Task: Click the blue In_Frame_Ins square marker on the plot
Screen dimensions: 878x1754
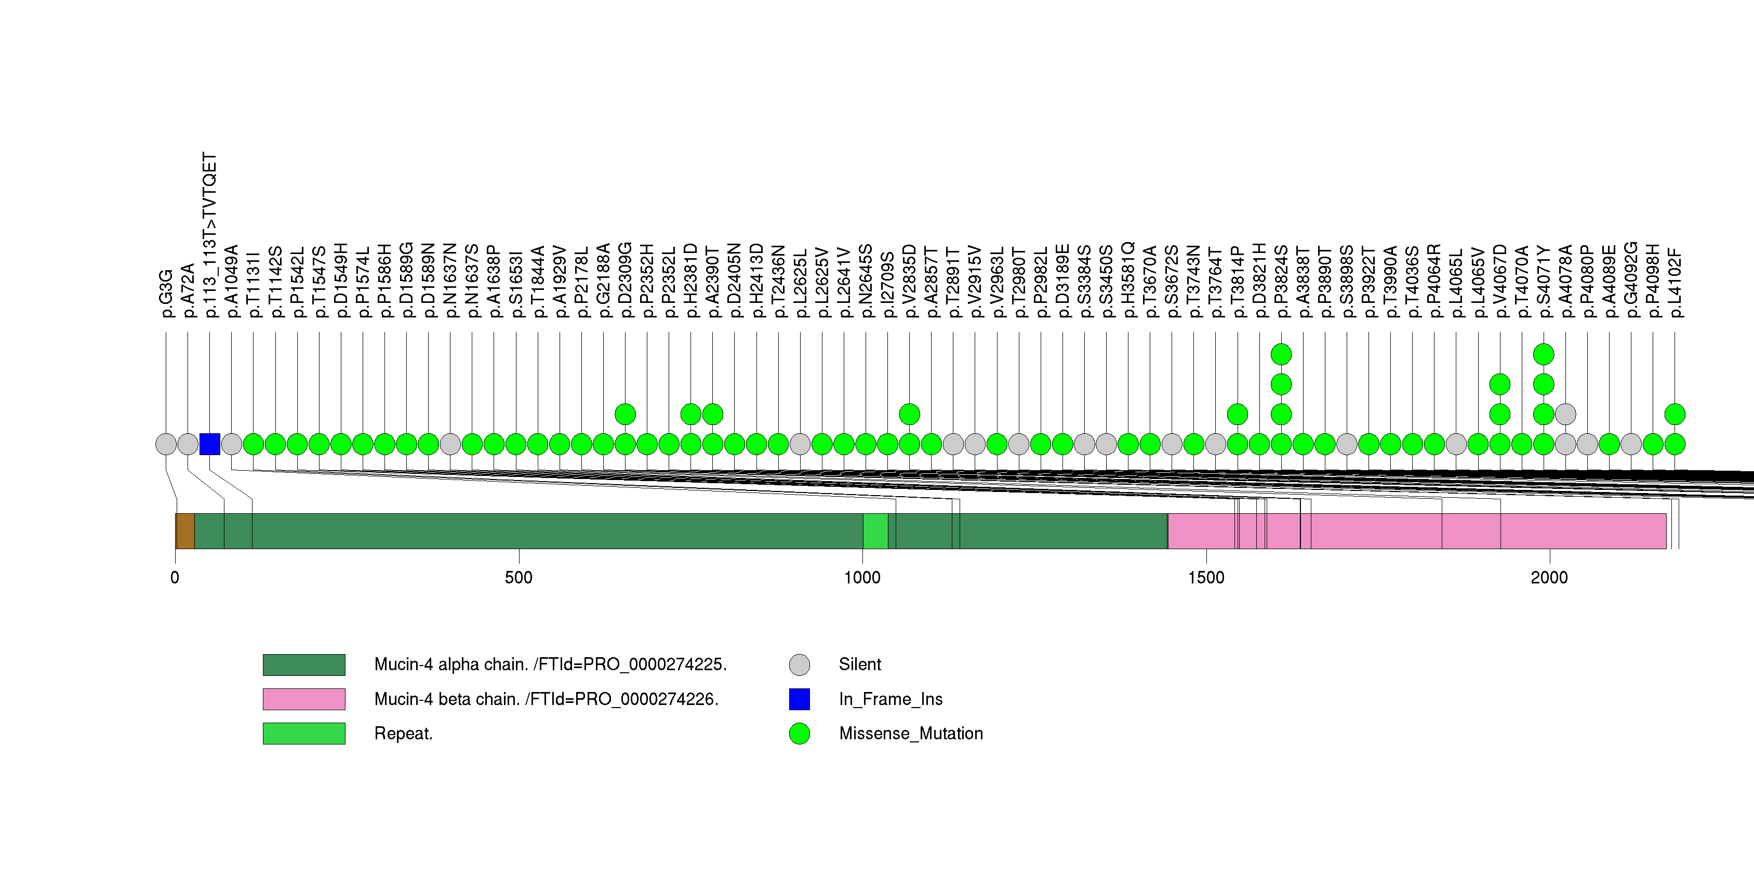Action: [x=210, y=444]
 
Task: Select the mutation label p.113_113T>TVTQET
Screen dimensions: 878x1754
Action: [x=210, y=235]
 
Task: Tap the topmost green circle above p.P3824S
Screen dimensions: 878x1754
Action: [x=1281, y=354]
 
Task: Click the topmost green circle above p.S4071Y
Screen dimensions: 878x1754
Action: [x=1544, y=354]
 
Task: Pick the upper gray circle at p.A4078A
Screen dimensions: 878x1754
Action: [x=1565, y=414]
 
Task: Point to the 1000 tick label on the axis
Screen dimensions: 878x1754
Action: [x=862, y=578]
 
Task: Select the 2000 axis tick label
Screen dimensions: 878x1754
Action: [x=1549, y=578]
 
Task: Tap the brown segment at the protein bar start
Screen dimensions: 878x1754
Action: [x=185, y=531]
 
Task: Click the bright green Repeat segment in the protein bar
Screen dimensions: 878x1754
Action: [x=875, y=531]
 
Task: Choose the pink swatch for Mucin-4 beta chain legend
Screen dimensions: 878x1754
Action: [x=304, y=699]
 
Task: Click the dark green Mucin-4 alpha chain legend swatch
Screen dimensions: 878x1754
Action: [x=304, y=664]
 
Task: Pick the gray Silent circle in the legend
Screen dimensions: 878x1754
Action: [x=800, y=664]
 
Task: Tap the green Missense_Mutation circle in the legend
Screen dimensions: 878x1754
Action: [x=800, y=734]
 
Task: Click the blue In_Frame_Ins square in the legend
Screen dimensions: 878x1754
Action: [x=800, y=699]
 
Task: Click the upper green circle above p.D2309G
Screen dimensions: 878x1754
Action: [x=625, y=414]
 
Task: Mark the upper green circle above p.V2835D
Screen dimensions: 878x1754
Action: [x=910, y=414]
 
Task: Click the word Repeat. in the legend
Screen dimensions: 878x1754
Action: [x=403, y=734]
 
